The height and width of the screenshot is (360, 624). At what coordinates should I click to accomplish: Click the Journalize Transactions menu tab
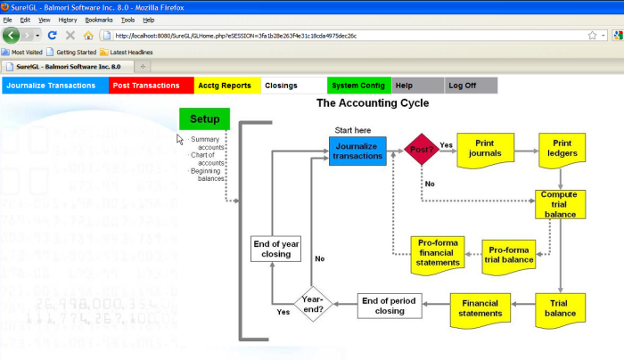pyautogui.click(x=54, y=86)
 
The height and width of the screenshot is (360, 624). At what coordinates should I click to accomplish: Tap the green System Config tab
pyautogui.click(x=358, y=86)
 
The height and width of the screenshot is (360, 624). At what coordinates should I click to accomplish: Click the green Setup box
pyautogui.click(x=204, y=119)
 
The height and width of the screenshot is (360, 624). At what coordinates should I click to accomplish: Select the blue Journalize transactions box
pyautogui.click(x=357, y=151)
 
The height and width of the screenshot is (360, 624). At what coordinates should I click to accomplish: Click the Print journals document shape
pyautogui.click(x=484, y=149)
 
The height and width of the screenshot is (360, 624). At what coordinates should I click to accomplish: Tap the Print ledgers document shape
pyautogui.click(x=562, y=149)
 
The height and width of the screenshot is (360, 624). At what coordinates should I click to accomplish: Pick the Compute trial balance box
pyautogui.click(x=561, y=202)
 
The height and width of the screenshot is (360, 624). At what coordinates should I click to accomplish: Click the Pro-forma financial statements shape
pyautogui.click(x=436, y=252)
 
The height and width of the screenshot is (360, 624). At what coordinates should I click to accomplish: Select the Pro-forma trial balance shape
pyautogui.click(x=509, y=254)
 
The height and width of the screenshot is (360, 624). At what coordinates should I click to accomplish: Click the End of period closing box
pyautogui.click(x=389, y=306)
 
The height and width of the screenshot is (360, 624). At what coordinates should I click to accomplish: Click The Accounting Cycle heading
pyautogui.click(x=373, y=103)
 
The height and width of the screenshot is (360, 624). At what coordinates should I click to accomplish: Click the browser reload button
pyautogui.click(x=53, y=36)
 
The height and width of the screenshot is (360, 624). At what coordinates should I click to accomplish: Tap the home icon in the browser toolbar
pyautogui.click(x=87, y=36)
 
